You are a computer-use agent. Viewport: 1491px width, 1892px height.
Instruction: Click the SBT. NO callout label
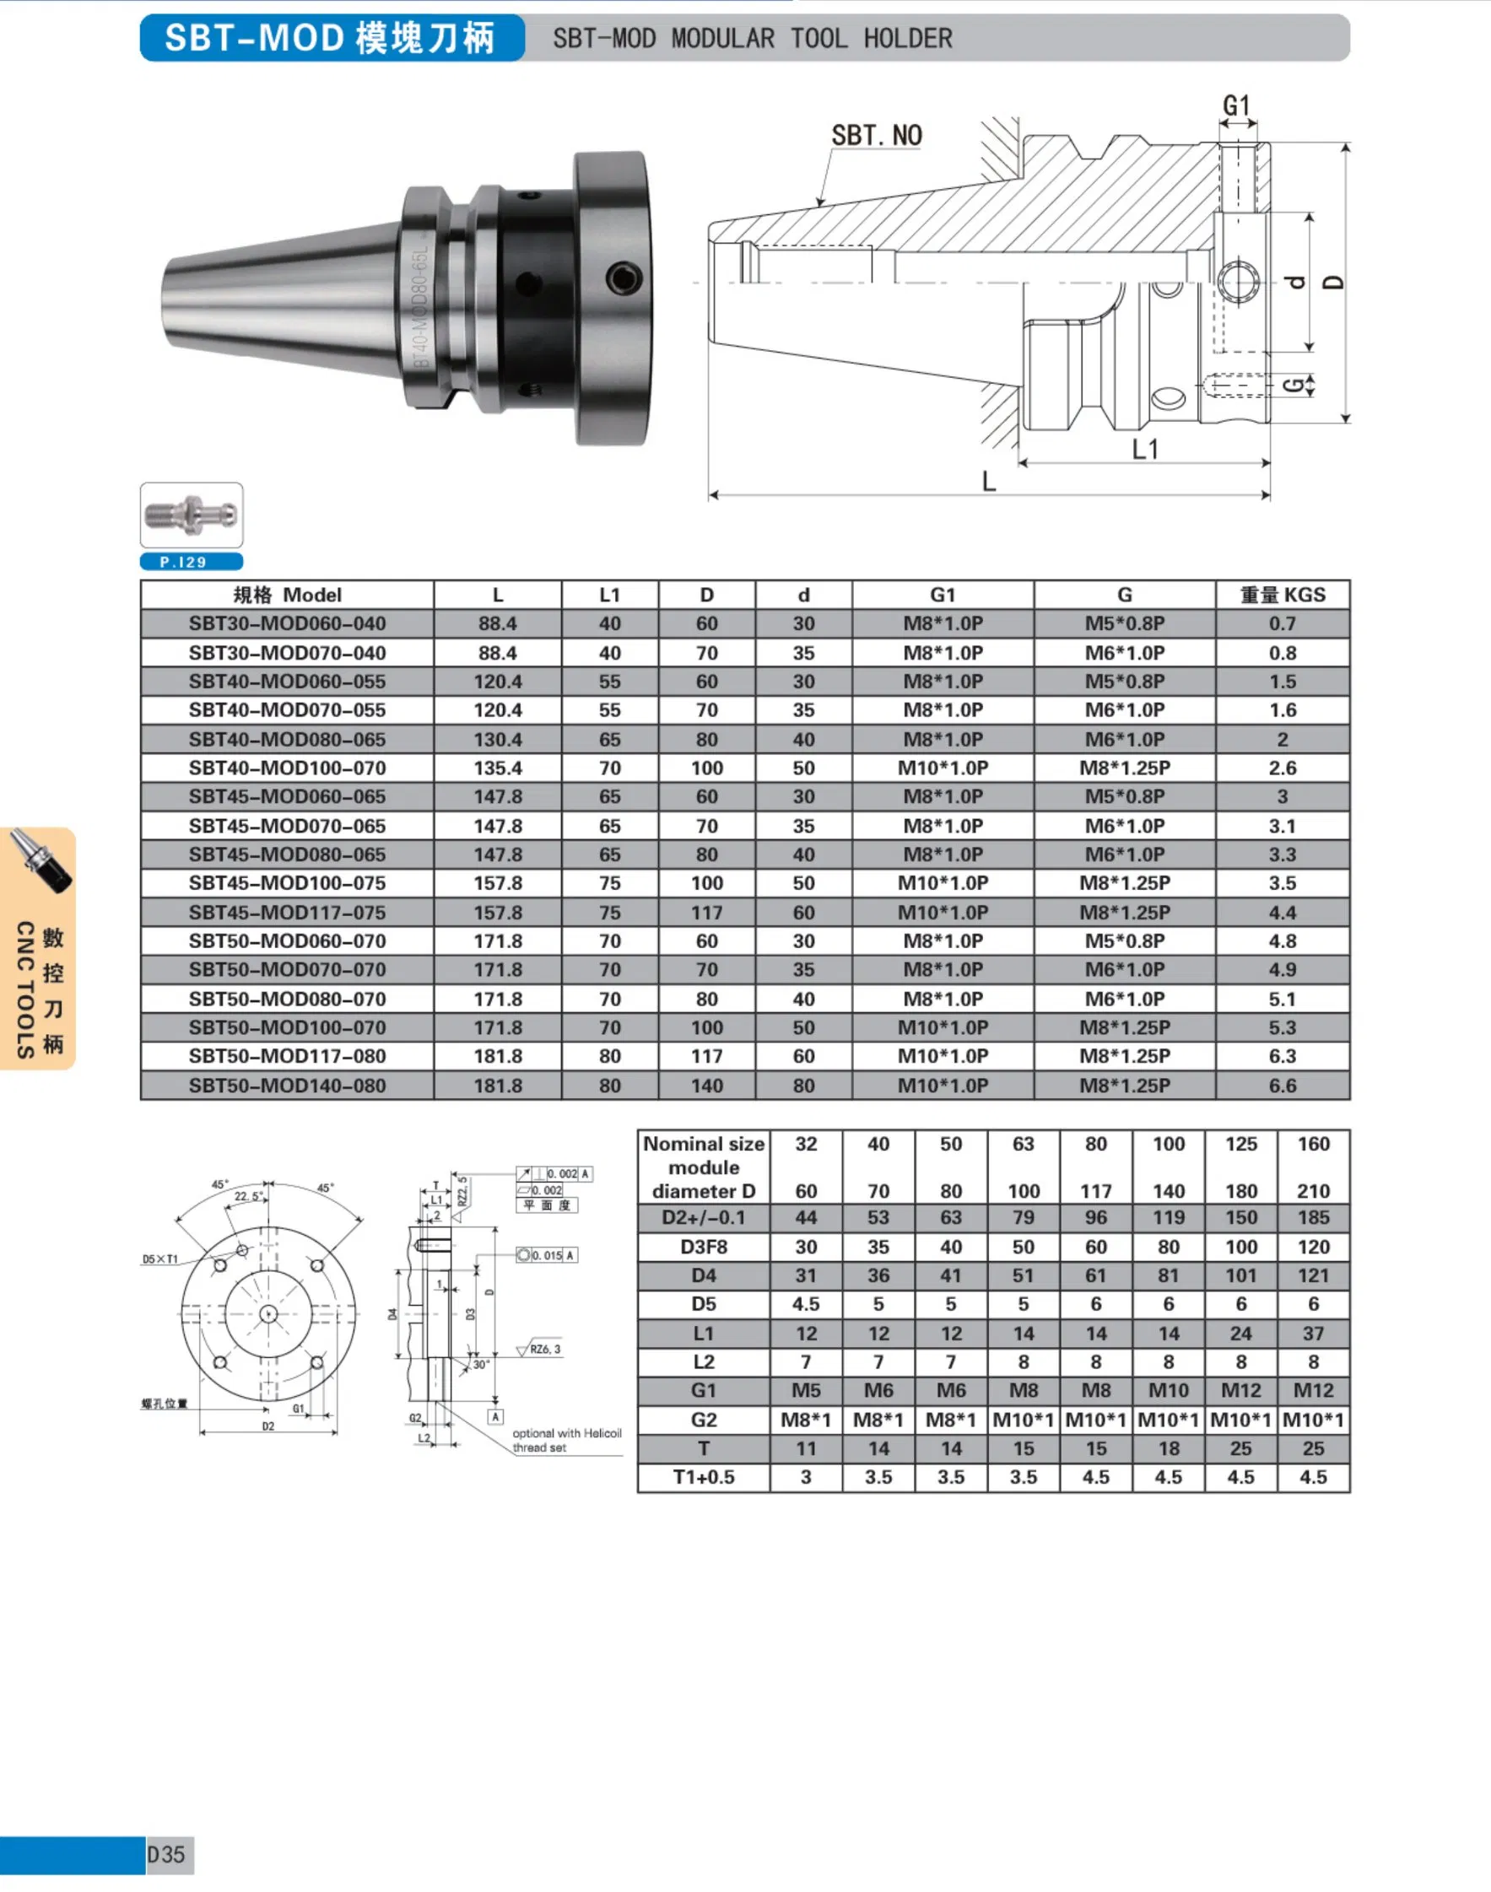tap(876, 135)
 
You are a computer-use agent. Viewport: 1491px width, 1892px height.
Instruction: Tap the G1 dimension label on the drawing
tap(1236, 105)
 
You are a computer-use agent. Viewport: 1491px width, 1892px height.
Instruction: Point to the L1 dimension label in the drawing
tap(1144, 449)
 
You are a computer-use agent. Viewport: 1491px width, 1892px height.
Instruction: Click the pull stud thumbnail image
tap(192, 515)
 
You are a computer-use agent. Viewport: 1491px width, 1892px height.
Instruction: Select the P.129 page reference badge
tap(192, 562)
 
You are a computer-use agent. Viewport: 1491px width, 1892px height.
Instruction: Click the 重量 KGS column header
tap(1282, 596)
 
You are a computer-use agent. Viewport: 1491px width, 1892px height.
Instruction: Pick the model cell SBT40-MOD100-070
tap(287, 768)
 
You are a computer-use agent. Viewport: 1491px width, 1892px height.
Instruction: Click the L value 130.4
tap(498, 739)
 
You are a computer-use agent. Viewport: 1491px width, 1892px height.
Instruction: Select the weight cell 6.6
tap(1282, 1086)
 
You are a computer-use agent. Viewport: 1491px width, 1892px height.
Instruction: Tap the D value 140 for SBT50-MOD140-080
tap(706, 1086)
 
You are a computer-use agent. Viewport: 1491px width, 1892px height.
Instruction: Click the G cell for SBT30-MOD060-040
tap(1124, 624)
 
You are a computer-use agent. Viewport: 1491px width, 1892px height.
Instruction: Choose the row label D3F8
tap(704, 1246)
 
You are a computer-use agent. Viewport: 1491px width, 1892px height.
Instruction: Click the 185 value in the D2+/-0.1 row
tap(1313, 1217)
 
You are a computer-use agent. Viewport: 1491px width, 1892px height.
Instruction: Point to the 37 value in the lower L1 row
tap(1313, 1334)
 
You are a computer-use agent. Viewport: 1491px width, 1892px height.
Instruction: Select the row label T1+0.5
tap(704, 1478)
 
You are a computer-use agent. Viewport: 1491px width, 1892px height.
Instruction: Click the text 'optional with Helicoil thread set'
tap(566, 1440)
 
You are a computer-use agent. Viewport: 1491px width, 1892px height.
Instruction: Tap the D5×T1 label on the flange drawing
tap(159, 1259)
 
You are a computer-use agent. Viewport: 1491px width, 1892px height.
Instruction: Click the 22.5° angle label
tap(248, 1196)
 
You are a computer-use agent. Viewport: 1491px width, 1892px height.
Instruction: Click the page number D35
tap(167, 1855)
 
